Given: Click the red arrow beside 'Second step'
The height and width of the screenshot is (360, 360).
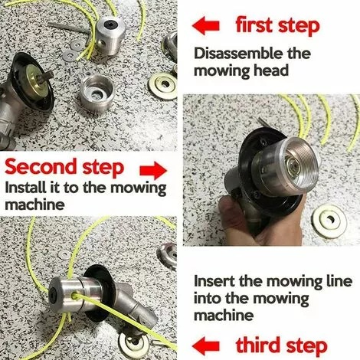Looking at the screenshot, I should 154,167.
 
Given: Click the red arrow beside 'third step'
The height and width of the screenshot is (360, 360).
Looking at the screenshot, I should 209,344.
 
